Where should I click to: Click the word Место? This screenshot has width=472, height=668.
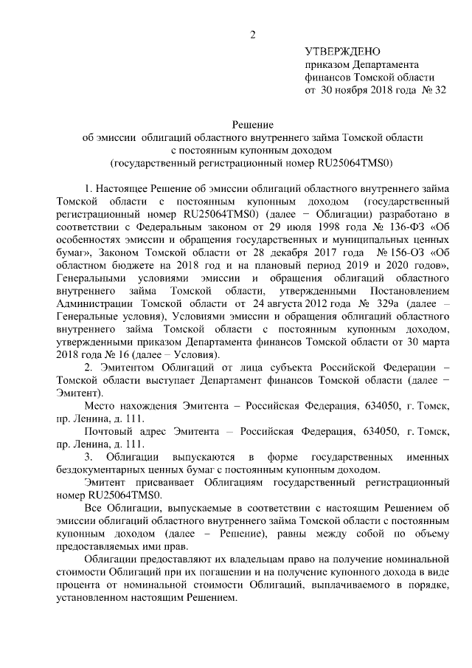(x=100, y=407)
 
